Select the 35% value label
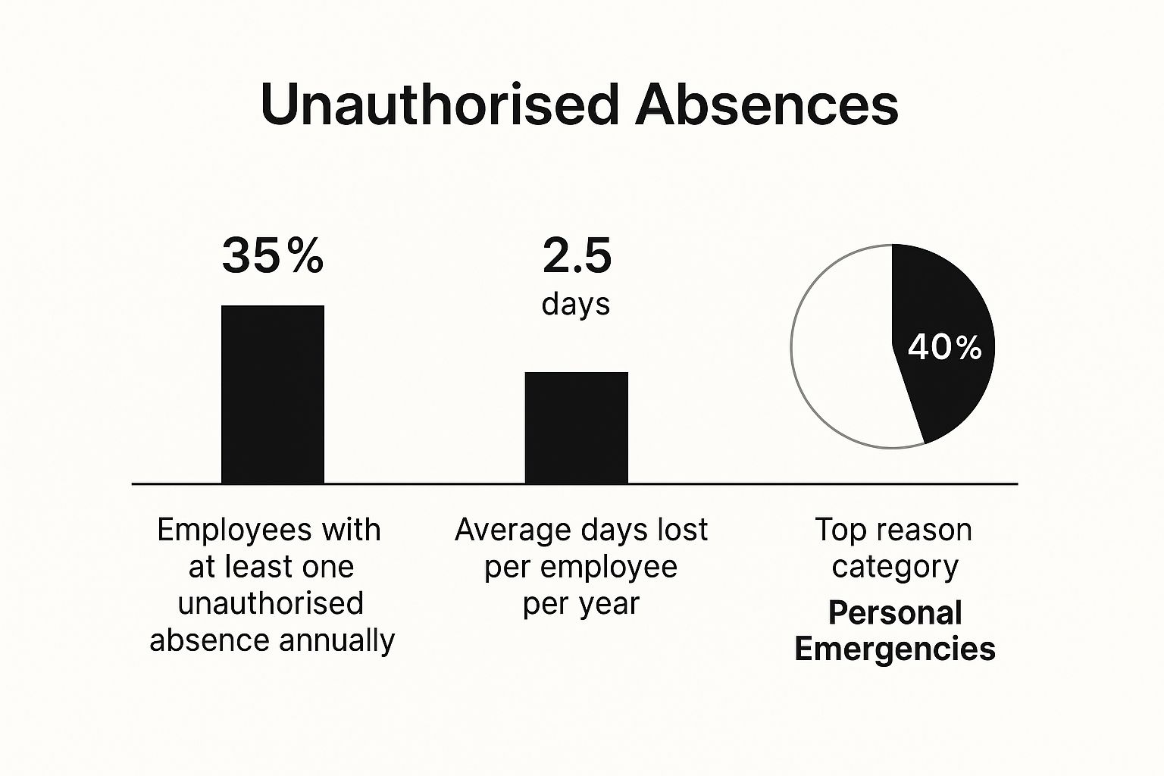[273, 255]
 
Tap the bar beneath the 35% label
[273, 394]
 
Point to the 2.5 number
[577, 255]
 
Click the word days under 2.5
[576, 304]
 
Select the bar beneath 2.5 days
[577, 427]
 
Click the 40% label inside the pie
[945, 348]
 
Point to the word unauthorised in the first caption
[271, 603]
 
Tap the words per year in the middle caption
[581, 604]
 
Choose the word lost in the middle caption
[683, 530]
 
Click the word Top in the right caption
[838, 530]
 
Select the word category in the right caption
[895, 567]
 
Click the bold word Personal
[895, 612]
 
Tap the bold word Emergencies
[895, 649]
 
